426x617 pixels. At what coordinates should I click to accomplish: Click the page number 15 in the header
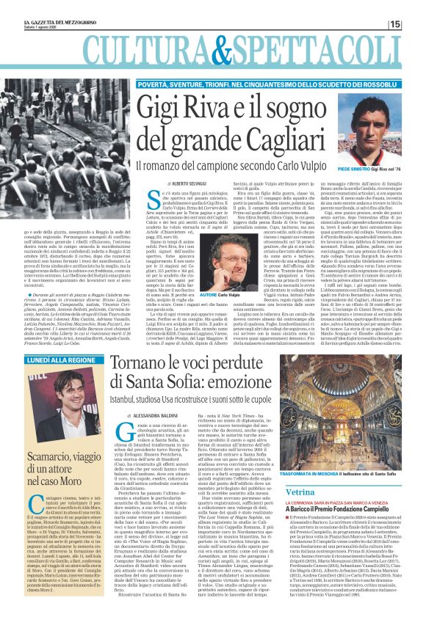pos(415,24)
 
